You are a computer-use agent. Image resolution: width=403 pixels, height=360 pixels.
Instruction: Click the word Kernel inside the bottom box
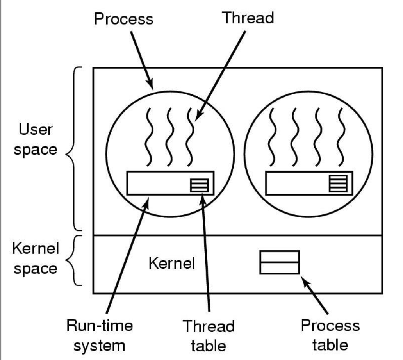[171, 264]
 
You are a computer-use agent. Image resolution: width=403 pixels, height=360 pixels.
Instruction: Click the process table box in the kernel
[280, 262]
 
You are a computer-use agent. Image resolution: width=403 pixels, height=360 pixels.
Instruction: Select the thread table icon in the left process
[200, 185]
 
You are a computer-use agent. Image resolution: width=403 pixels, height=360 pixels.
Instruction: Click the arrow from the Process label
[141, 59]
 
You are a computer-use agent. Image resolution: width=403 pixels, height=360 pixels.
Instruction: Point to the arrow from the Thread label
[221, 74]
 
